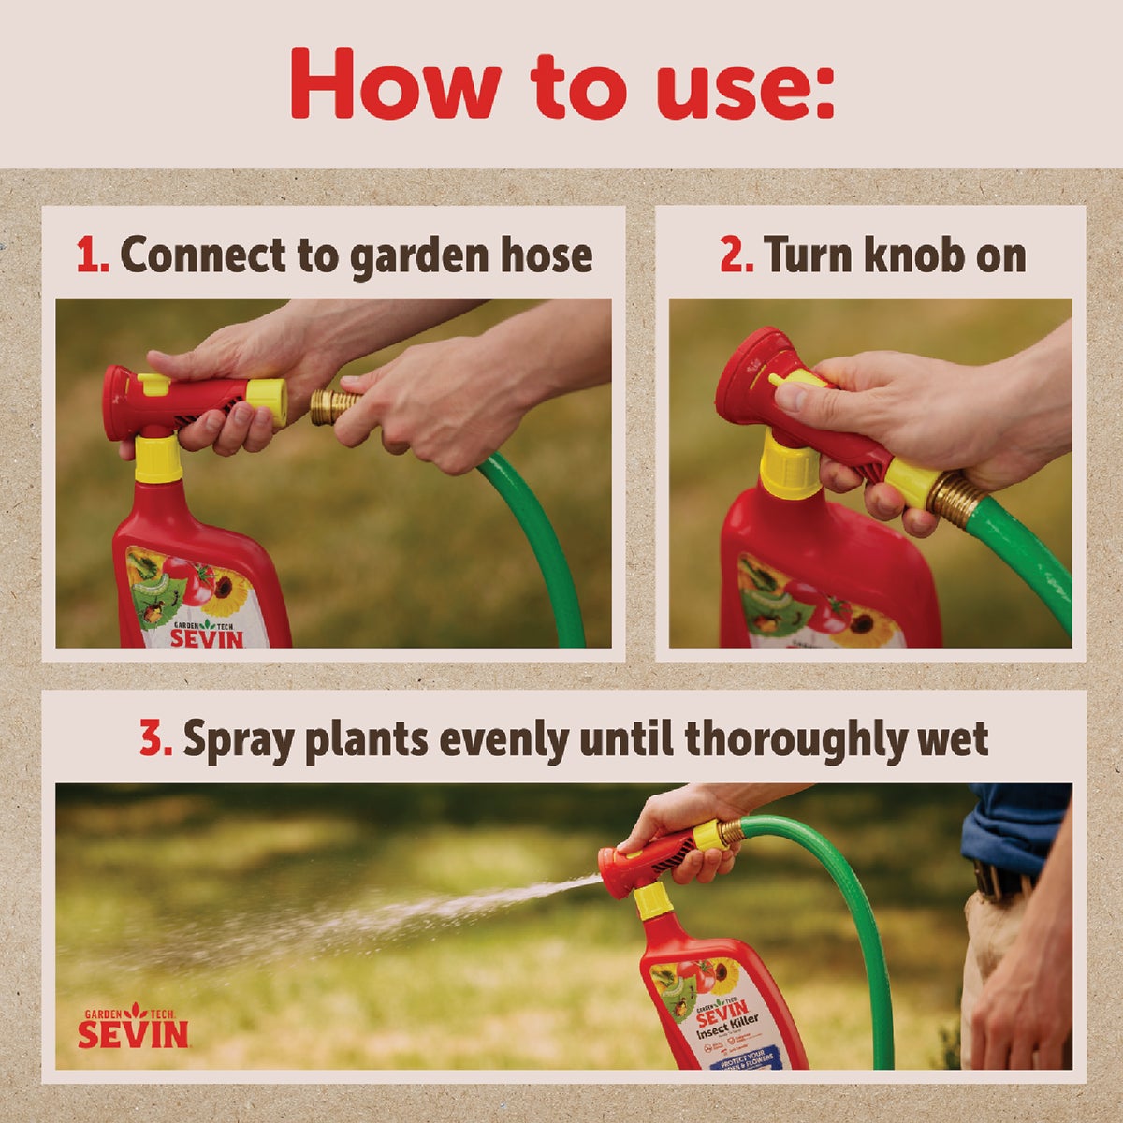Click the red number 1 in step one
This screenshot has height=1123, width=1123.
(x=92, y=255)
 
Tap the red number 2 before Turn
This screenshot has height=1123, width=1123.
(x=736, y=255)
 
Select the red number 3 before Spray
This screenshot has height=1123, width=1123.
(x=156, y=739)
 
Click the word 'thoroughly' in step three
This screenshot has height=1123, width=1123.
(x=792, y=739)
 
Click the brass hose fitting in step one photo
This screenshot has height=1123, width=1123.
(x=334, y=405)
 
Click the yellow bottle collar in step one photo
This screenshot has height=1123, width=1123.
(x=159, y=459)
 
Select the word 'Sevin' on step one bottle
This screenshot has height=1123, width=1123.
(x=206, y=638)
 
